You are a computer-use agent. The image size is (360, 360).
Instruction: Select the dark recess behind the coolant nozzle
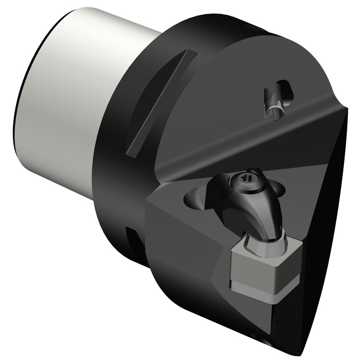coord(287,89)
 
